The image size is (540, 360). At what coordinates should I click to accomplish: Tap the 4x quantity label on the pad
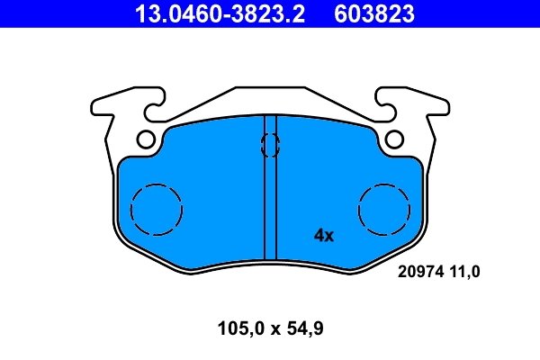tap(323, 237)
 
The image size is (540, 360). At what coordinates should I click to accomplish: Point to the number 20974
tap(419, 269)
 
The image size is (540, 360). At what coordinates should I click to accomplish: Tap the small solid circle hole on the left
tap(147, 139)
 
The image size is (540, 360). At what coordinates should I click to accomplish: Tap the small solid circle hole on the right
tap(393, 139)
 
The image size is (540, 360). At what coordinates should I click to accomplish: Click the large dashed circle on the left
tap(157, 210)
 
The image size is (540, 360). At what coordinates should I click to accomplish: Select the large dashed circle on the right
tap(384, 210)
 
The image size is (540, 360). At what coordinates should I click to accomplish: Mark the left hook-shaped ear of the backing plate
tap(112, 105)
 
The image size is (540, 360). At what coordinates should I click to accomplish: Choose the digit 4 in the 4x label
tap(318, 237)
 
